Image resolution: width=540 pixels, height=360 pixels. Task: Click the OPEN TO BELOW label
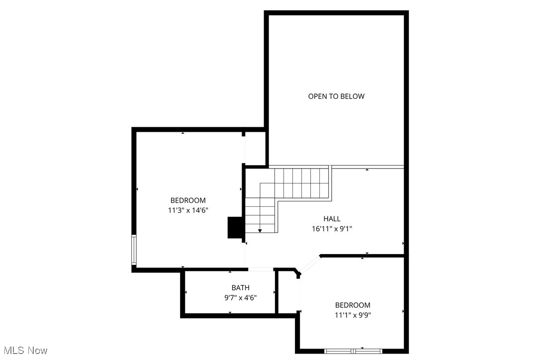point(336,96)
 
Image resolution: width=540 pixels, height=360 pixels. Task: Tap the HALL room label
point(332,219)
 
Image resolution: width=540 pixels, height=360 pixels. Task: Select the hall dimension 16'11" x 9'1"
point(332,229)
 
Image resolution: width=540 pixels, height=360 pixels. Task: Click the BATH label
point(240,288)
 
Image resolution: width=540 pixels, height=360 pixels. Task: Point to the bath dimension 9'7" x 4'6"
point(240,298)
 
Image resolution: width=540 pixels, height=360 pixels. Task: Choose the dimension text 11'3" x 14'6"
point(187,210)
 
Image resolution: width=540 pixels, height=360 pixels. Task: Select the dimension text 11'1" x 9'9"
point(353,315)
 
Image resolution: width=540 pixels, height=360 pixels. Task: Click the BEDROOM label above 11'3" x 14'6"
point(187,200)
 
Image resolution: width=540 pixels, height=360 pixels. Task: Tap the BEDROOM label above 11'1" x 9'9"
point(353,305)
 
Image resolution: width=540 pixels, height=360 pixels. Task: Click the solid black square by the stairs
point(234,228)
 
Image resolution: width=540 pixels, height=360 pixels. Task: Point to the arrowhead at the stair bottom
point(260,231)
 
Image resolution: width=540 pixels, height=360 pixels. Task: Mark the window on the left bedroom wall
point(134,250)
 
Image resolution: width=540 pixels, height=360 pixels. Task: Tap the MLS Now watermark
point(24,351)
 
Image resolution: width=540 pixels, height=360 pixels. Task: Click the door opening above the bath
point(260,270)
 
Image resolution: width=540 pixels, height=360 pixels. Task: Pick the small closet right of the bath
point(288,292)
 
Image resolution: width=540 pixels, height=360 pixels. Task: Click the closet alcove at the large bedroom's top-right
point(255,148)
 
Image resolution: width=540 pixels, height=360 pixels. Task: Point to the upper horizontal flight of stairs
point(301,182)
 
